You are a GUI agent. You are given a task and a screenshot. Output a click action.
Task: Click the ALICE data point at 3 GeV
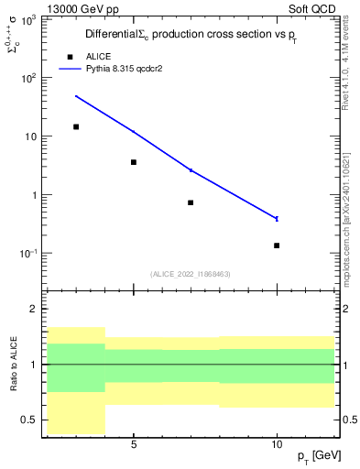(x=76, y=126)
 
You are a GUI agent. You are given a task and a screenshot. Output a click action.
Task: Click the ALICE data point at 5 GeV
(x=134, y=162)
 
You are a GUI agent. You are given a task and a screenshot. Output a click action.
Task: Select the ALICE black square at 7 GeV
(x=191, y=202)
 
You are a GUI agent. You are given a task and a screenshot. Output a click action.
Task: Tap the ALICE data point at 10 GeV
(x=277, y=245)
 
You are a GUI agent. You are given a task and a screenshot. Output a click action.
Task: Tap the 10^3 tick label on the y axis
(x=29, y=19)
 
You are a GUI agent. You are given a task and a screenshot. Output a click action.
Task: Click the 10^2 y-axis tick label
(x=29, y=78)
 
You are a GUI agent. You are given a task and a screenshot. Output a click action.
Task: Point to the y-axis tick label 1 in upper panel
(x=35, y=195)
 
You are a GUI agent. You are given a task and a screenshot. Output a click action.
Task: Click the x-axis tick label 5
(x=134, y=444)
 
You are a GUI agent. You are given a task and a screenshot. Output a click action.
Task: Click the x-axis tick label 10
(x=277, y=444)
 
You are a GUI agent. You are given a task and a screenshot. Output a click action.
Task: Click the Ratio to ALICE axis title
(x=14, y=364)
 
